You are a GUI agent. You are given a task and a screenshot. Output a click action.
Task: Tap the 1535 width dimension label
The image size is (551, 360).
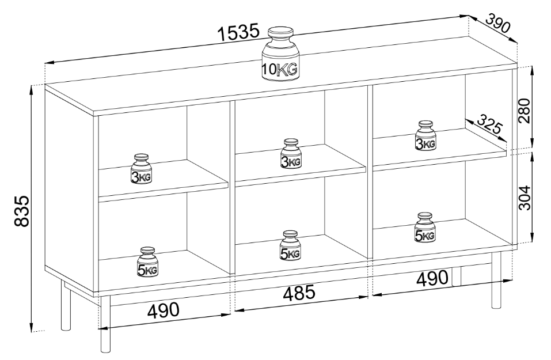click(238, 32)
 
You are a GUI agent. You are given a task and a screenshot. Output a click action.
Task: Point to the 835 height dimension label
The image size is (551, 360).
click(21, 211)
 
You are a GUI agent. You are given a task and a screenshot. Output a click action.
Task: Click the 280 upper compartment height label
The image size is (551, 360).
click(524, 110)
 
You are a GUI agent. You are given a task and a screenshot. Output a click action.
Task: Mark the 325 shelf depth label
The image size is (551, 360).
click(490, 124)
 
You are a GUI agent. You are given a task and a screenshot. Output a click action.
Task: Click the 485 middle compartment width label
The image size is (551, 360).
click(299, 292)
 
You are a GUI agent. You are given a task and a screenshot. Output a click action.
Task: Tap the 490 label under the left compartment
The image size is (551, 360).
click(164, 310)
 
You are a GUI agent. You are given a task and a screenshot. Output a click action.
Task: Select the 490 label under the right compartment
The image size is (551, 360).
click(432, 278)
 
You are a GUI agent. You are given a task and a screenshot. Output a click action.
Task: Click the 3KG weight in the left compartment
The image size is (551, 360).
click(141, 169)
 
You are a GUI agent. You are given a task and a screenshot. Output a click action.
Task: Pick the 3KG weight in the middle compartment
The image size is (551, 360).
click(291, 154)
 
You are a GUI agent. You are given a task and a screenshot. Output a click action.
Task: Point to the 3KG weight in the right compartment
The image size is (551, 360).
click(425, 136)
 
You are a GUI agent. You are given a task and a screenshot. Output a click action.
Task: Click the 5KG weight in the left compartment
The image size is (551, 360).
click(147, 262)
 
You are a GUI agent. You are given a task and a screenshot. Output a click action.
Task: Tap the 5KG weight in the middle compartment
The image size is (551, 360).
click(290, 246)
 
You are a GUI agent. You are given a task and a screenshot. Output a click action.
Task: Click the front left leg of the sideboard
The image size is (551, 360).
click(105, 324)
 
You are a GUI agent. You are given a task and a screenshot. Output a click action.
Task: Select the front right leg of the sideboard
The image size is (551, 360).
click(496, 281)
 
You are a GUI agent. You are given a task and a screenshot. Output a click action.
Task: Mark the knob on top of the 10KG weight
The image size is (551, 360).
click(280, 33)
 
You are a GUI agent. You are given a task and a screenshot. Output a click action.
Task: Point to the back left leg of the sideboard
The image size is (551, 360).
click(66, 305)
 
